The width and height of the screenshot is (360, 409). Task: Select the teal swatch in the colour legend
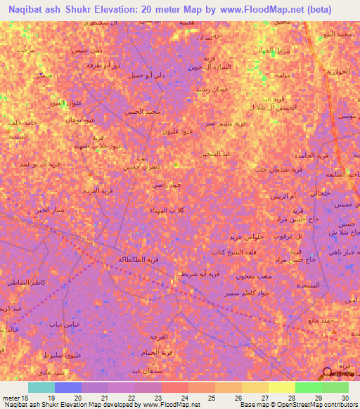click(x=41, y=387)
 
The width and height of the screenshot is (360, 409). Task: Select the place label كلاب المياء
click(x=173, y=210)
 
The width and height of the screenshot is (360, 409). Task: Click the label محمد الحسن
click(x=143, y=112)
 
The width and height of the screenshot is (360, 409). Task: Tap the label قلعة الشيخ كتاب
click(x=227, y=251)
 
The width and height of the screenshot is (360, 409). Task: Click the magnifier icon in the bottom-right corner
click(x=326, y=372)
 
